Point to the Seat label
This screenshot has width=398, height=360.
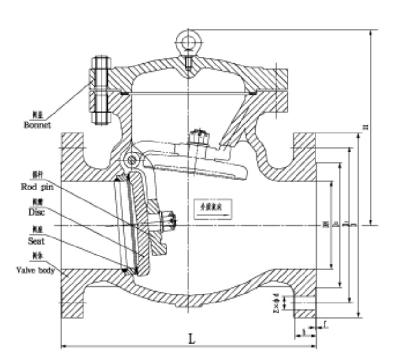coord(35,241)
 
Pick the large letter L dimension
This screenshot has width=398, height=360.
coord(192,339)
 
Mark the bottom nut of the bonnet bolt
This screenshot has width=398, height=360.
coord(101,116)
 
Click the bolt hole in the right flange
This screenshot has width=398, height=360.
coord(304,303)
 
